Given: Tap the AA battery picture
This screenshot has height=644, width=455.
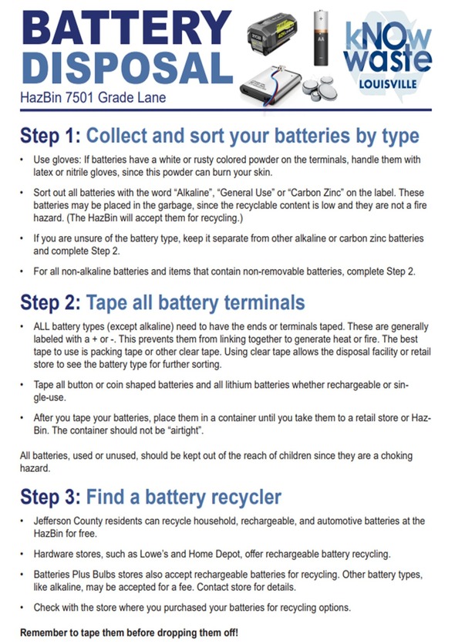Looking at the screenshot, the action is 321,38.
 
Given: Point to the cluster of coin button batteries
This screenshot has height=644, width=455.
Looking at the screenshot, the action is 320,88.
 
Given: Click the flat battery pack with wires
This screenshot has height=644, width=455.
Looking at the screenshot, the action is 271,86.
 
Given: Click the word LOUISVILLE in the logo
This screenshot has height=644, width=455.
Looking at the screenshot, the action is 388,84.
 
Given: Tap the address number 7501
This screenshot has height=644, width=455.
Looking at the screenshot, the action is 80,98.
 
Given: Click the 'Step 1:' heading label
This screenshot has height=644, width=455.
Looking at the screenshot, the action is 50,136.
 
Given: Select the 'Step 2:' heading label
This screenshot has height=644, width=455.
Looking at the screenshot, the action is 50,302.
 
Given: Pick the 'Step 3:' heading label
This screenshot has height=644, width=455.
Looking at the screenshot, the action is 50,497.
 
